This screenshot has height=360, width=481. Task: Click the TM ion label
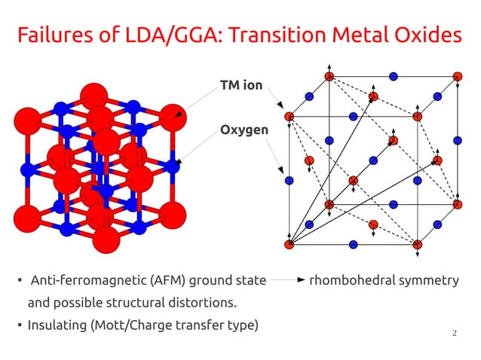[x=240, y=85]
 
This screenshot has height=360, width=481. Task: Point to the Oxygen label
[x=244, y=131]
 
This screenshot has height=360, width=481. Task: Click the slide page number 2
[x=455, y=333]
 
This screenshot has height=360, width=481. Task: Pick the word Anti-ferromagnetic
[x=72, y=281]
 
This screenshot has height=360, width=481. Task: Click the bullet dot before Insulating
[x=20, y=326]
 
